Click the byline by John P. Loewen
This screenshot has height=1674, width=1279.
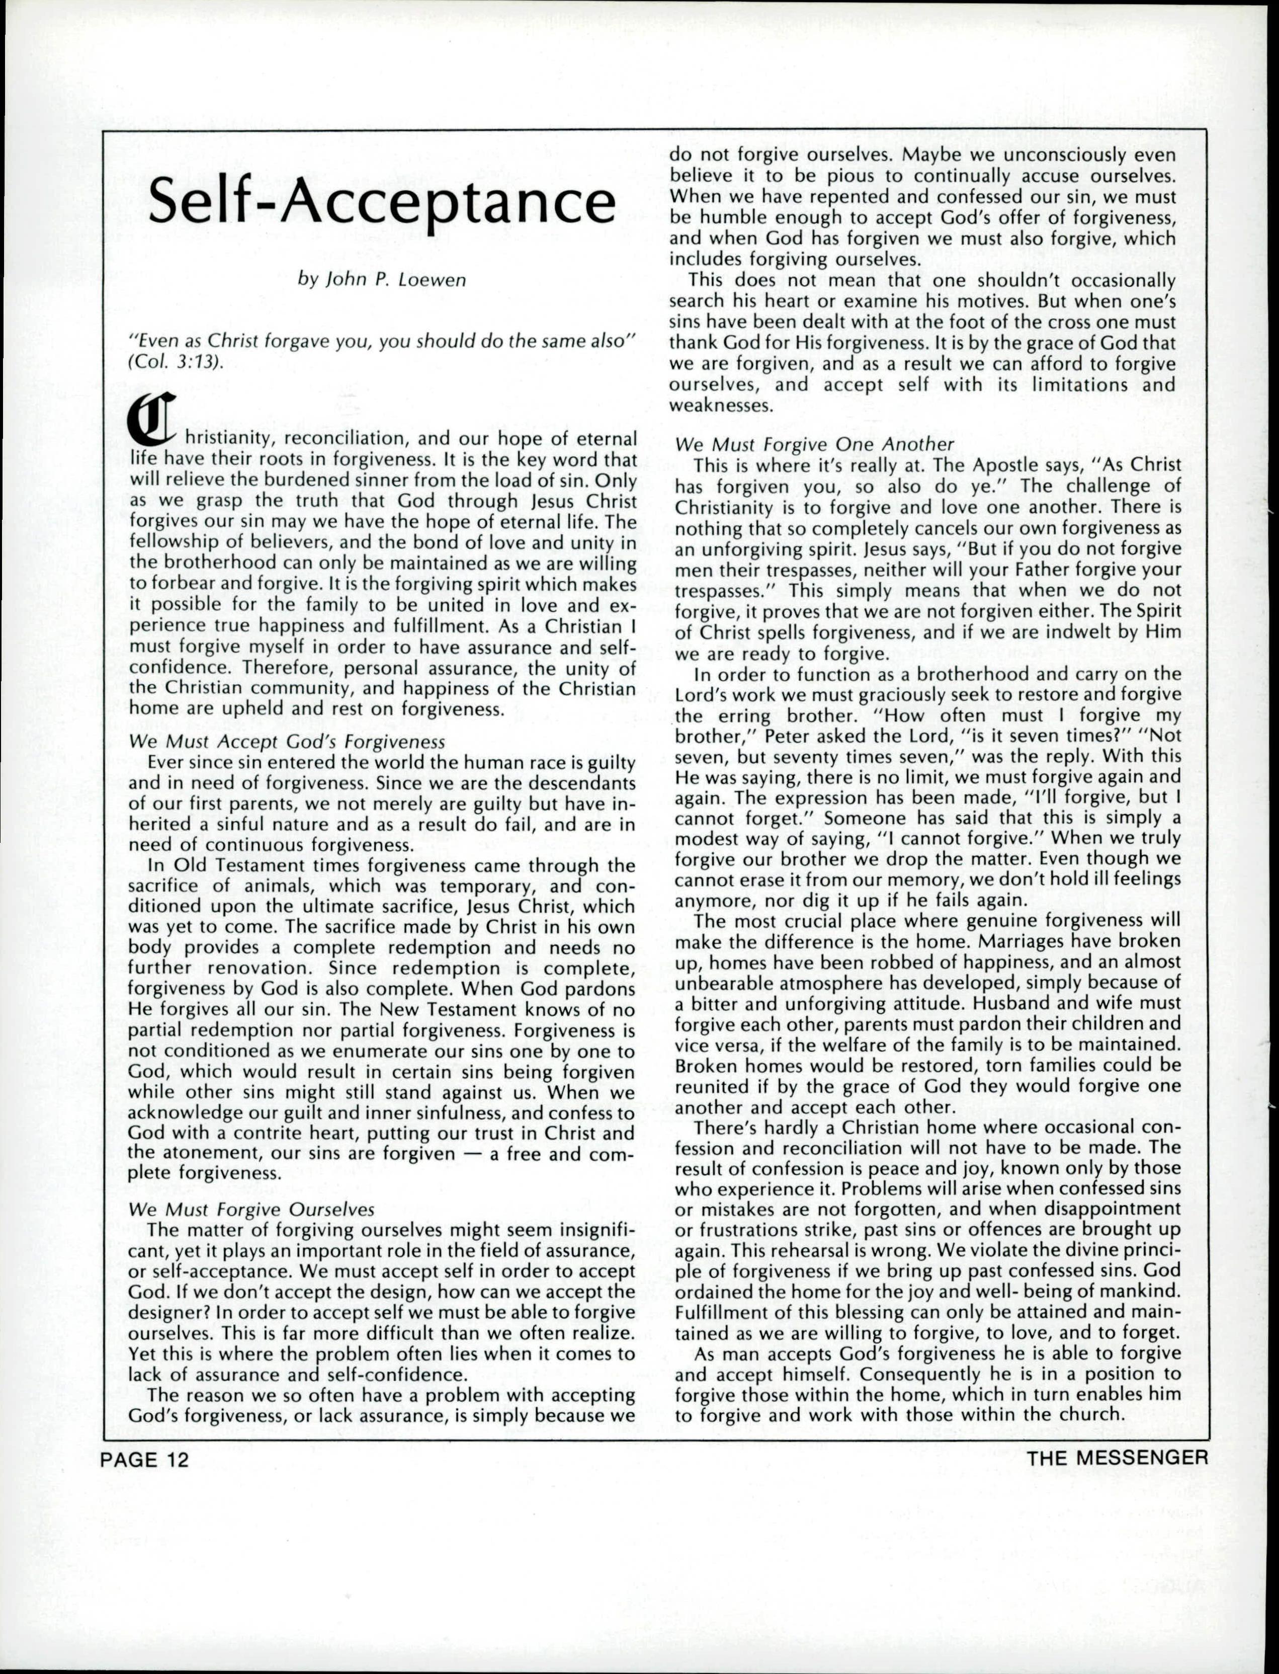coord(381,280)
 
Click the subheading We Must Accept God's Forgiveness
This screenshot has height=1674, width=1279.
coord(287,741)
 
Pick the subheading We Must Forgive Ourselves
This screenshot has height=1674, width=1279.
coord(252,1210)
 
